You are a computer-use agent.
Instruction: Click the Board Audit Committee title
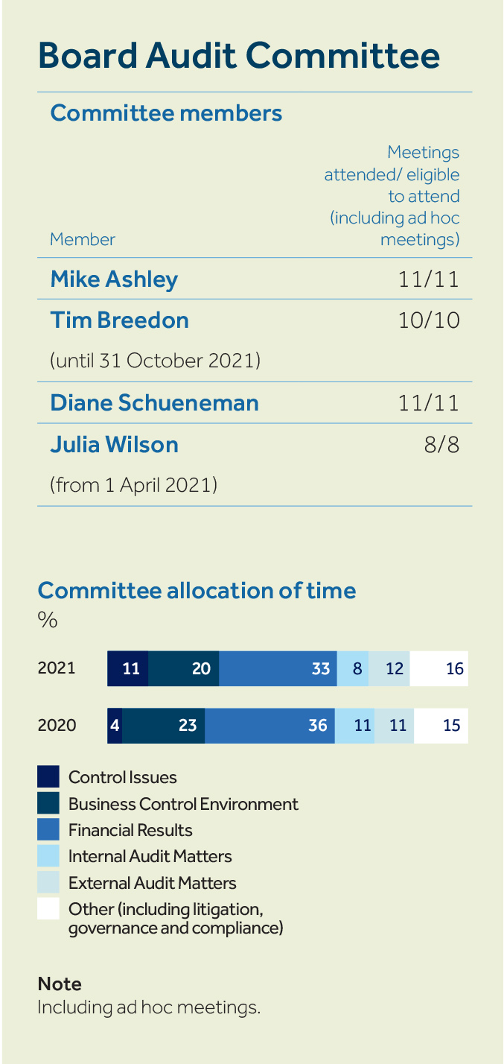[x=238, y=56]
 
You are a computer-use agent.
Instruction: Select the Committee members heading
[x=166, y=113]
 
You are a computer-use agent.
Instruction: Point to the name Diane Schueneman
[x=154, y=403]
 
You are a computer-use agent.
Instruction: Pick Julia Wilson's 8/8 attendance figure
[x=441, y=445]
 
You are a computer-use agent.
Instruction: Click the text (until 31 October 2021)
[x=155, y=361]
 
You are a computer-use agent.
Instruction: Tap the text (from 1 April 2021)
[x=133, y=485]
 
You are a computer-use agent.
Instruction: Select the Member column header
[x=83, y=239]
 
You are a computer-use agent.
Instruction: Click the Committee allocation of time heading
[x=197, y=590]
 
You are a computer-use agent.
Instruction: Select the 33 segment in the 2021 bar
[x=278, y=668]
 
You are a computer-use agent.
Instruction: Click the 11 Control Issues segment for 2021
[x=128, y=668]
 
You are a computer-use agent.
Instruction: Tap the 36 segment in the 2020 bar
[x=269, y=725]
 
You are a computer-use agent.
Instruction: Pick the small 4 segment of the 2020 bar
[x=115, y=725]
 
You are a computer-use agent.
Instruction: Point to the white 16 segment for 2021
[x=439, y=668]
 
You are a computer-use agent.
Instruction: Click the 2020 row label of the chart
[x=57, y=725]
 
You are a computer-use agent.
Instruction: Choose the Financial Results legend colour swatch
[x=48, y=830]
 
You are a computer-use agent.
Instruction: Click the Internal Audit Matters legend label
[x=150, y=856]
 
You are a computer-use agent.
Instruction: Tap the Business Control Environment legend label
[x=183, y=804]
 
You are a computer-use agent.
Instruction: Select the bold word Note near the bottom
[x=60, y=984]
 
